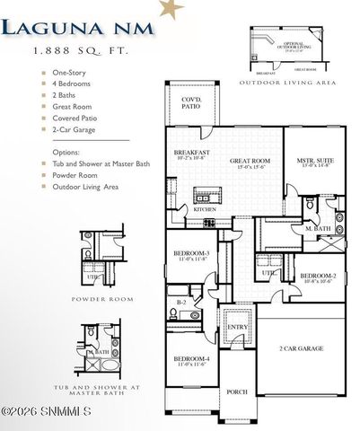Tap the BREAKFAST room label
click(190, 154)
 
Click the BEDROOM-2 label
click(318, 276)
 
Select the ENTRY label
click(237, 329)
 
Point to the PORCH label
click(237, 391)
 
